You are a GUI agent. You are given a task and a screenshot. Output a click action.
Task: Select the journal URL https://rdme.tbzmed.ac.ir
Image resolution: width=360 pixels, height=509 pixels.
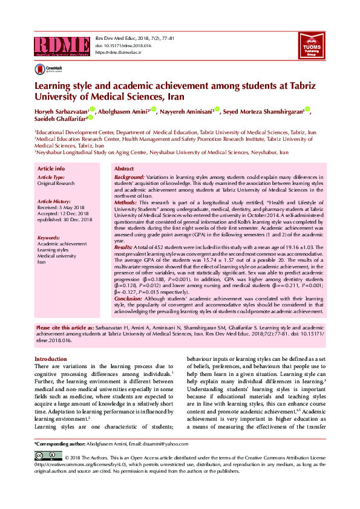pyautogui.click(x=118, y=53)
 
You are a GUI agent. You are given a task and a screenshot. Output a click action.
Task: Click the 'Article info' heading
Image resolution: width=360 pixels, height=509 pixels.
pyautogui.click(x=51, y=168)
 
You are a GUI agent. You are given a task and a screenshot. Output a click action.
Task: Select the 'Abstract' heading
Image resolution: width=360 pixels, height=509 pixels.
pyautogui.click(x=124, y=168)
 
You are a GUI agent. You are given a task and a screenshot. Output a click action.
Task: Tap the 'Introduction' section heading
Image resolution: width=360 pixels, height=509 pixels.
pyautogui.click(x=51, y=358)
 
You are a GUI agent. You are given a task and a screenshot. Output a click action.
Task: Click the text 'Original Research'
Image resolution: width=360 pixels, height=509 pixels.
pyautogui.click(x=56, y=183)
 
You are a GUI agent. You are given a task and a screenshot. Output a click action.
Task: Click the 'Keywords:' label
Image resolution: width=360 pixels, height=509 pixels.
pyautogui.click(x=48, y=238)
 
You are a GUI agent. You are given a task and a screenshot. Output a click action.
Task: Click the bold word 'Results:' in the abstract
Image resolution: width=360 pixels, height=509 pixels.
pyautogui.click(x=123, y=248)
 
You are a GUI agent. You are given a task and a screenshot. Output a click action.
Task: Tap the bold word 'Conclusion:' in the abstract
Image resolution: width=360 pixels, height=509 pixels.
pyautogui.click(x=128, y=298)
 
